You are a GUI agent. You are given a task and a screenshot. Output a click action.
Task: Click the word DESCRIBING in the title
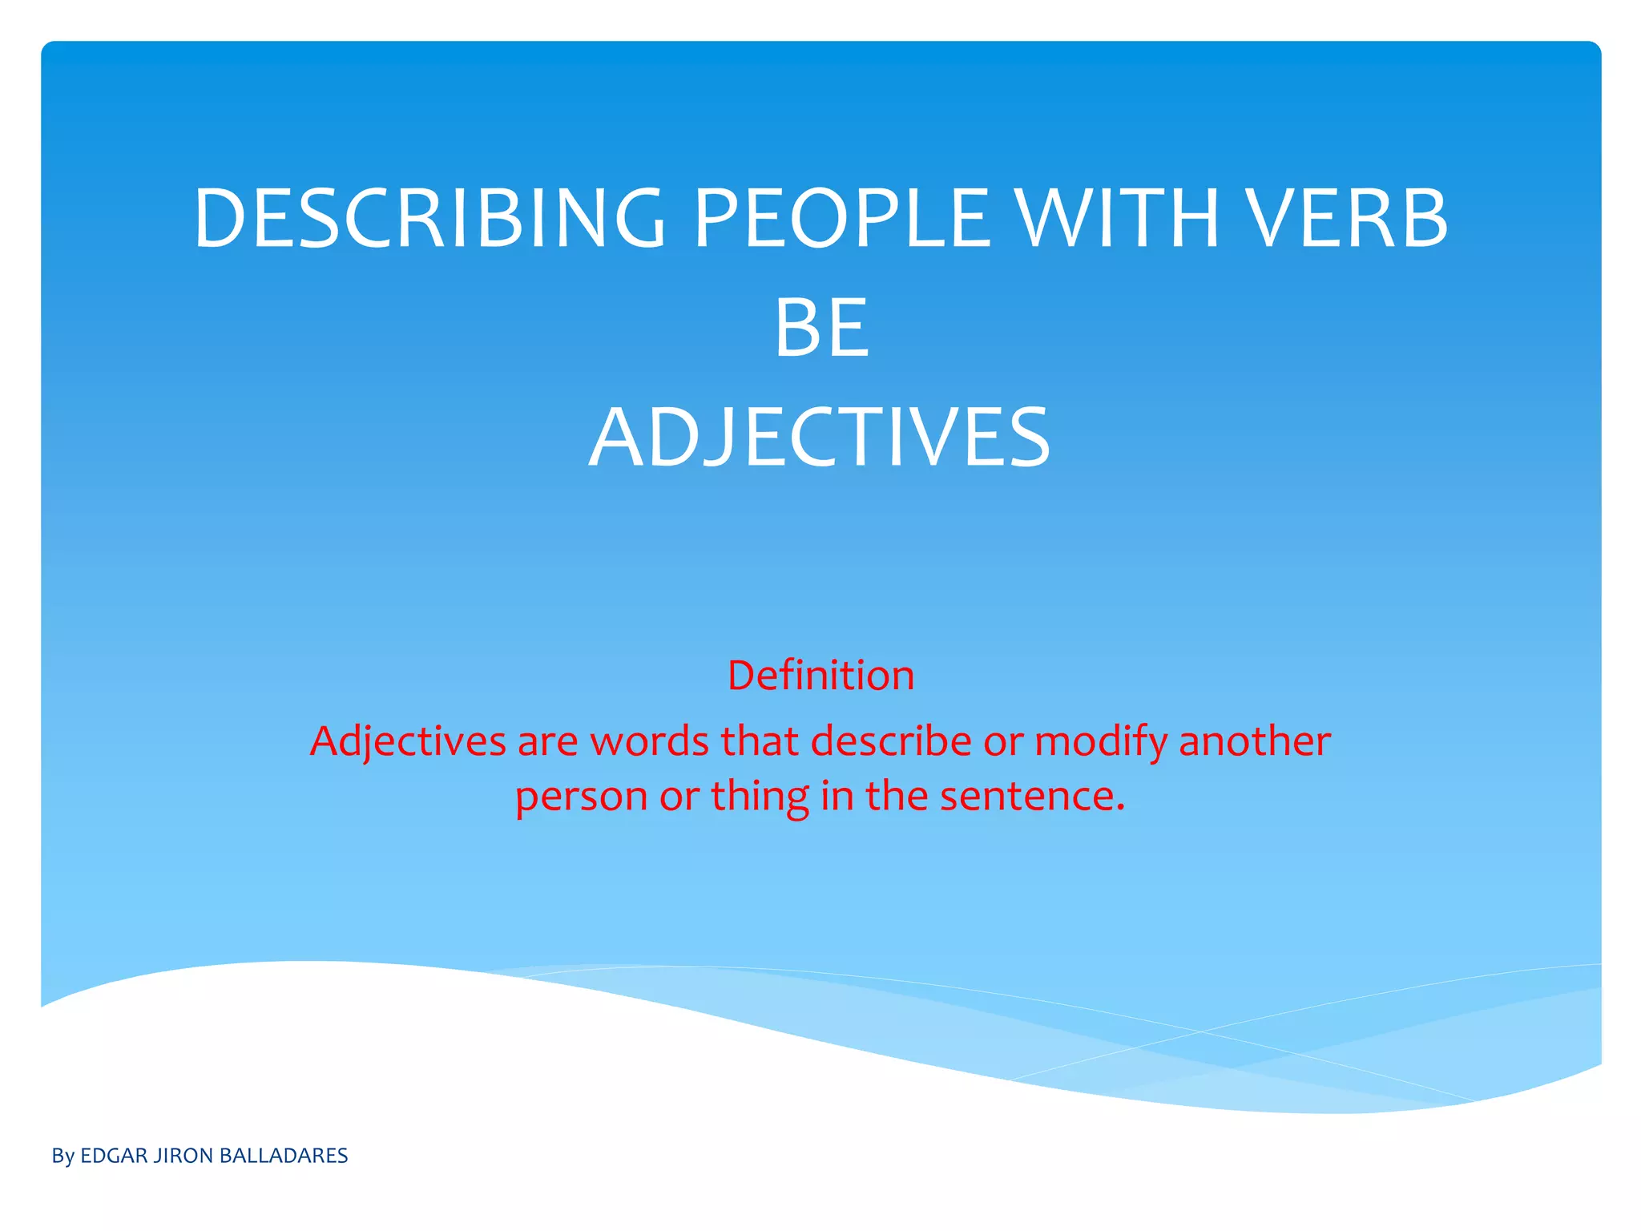click(429, 218)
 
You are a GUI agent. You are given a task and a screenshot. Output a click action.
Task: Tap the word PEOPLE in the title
click(841, 218)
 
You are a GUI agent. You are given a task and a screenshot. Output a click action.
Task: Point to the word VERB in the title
click(1348, 218)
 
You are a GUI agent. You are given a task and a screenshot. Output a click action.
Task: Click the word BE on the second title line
click(821, 328)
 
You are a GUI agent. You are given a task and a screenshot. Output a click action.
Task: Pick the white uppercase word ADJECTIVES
click(820, 438)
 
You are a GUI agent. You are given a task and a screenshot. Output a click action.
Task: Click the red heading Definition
click(820, 676)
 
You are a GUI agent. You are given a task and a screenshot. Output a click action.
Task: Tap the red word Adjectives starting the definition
click(408, 741)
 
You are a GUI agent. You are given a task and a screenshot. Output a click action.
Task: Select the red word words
click(649, 741)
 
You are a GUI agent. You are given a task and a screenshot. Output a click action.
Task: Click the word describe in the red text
click(891, 741)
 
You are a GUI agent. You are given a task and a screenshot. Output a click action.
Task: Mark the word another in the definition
click(1255, 741)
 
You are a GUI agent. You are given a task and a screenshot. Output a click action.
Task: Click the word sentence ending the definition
click(1032, 797)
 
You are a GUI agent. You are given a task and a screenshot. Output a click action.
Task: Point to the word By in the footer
click(62, 1156)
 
